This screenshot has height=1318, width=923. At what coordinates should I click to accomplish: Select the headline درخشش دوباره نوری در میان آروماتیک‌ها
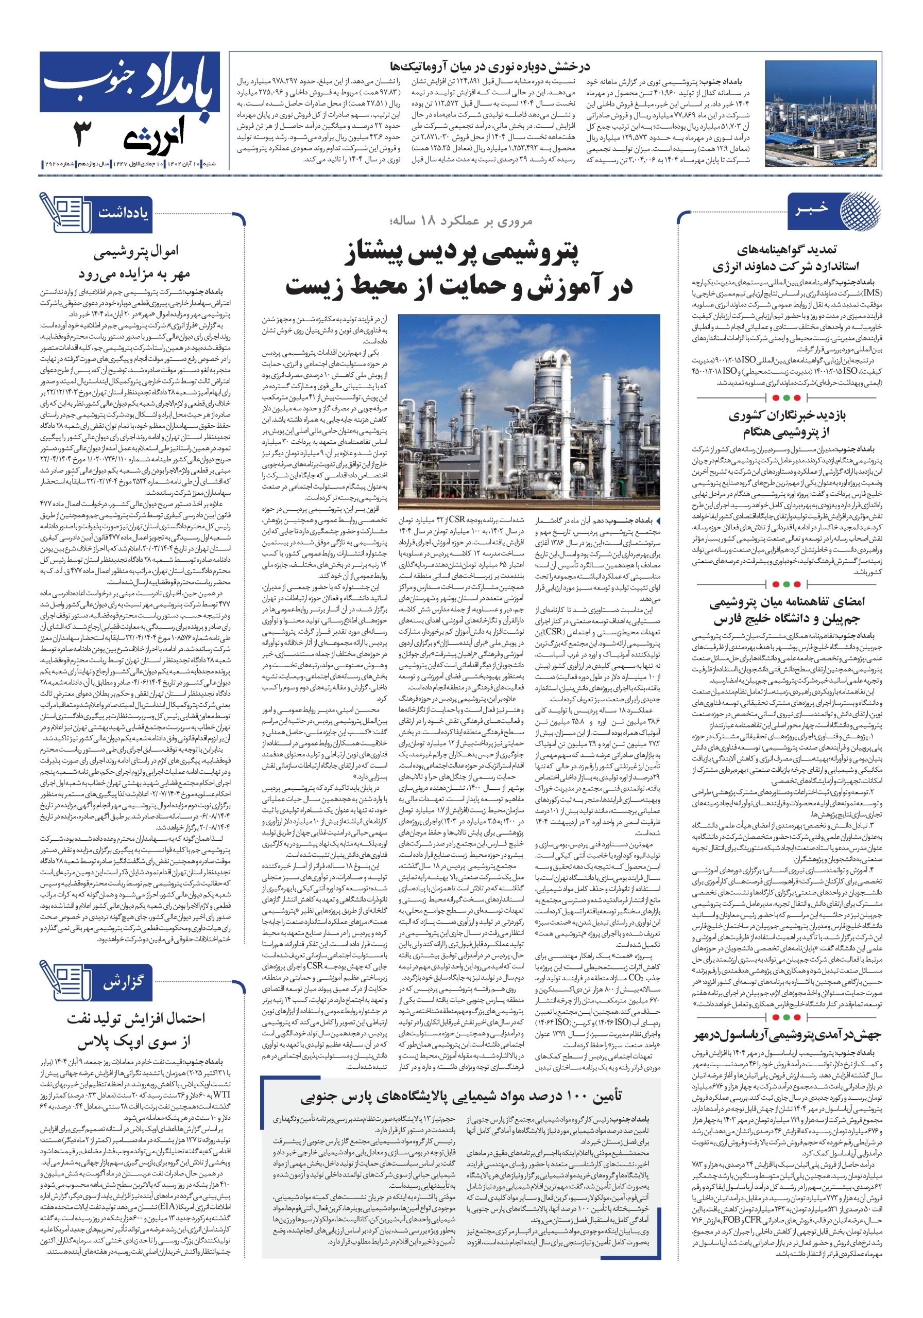click(489, 66)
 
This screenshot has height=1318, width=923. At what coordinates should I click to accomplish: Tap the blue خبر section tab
click(813, 209)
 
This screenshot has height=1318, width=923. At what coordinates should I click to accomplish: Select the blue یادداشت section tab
click(122, 214)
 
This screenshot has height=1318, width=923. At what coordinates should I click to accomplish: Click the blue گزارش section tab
click(122, 982)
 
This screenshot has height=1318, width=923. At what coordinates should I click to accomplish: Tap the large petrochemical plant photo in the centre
click(528, 411)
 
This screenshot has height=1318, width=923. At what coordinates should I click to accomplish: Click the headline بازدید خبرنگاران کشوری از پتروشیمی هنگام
click(787, 423)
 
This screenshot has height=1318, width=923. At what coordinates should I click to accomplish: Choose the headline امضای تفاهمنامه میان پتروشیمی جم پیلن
click(787, 610)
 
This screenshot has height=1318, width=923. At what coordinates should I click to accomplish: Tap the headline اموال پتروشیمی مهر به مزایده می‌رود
click(135, 262)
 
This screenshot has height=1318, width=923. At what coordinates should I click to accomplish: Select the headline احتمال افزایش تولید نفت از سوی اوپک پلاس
click(135, 1029)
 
